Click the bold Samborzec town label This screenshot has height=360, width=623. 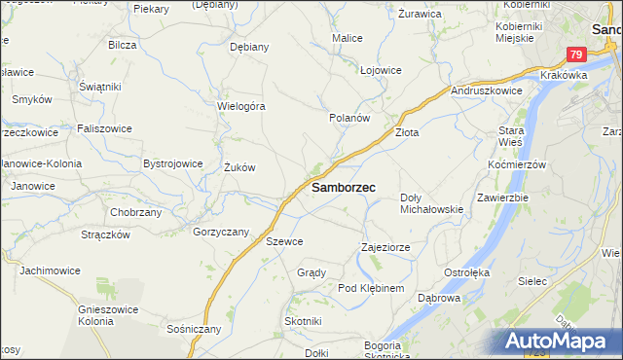point(345,187)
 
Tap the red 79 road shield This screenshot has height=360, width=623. point(576,55)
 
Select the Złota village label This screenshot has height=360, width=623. point(406,132)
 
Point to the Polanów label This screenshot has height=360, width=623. point(350,118)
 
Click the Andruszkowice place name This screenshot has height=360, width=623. point(488,90)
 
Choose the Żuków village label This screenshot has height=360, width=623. point(239,167)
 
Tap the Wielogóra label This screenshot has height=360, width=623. point(241,106)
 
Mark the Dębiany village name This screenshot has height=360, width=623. point(248,46)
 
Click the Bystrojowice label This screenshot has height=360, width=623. point(173,163)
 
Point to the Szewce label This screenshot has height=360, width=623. point(284,241)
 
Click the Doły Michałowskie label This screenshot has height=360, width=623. point(431,202)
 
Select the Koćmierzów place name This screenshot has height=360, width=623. point(518,164)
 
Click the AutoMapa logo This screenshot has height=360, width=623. point(563,341)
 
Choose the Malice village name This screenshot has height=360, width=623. point(348,38)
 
